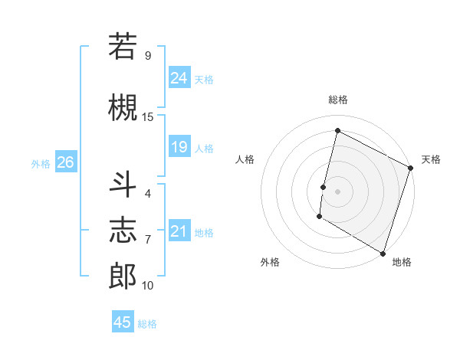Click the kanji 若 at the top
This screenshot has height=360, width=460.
pyautogui.click(x=123, y=46)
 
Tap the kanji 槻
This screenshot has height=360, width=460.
pyautogui.click(x=123, y=108)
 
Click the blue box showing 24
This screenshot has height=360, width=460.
pyautogui.click(x=179, y=78)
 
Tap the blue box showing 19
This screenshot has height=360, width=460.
pyautogui.click(x=179, y=147)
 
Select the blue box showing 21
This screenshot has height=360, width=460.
pyautogui.click(x=179, y=231)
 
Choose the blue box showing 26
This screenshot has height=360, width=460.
pyautogui.click(x=65, y=162)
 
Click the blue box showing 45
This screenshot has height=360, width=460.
pyautogui.click(x=123, y=322)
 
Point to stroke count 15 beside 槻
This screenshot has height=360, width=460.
pyautogui.click(x=148, y=116)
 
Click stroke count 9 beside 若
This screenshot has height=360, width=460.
pyautogui.click(x=148, y=55)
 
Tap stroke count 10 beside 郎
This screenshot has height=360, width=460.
pyautogui.click(x=148, y=285)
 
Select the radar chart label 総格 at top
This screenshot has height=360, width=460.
pyautogui.click(x=337, y=100)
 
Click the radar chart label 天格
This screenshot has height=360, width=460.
pyautogui.click(x=431, y=159)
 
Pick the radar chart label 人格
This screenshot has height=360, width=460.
pyautogui.click(x=245, y=159)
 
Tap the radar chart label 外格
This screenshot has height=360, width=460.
pyautogui.click(x=270, y=262)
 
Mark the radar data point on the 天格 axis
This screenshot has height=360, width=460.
pyautogui.click(x=411, y=168)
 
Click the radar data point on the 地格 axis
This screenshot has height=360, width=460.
pyautogui.click(x=383, y=253)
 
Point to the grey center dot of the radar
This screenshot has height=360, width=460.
pyautogui.click(x=337, y=191)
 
